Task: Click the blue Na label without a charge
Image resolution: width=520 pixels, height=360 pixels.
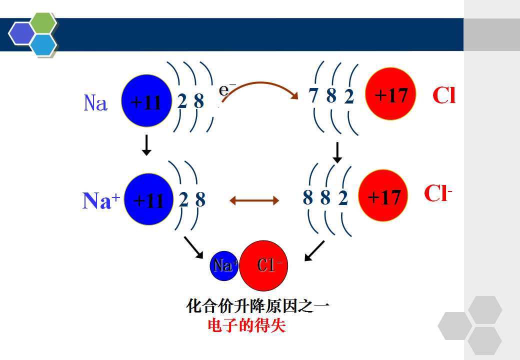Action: [95, 103]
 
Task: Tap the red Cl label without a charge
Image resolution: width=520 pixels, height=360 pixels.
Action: [444, 95]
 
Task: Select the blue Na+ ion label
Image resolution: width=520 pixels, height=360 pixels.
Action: [101, 200]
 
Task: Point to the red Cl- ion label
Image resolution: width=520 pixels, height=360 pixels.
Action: [438, 193]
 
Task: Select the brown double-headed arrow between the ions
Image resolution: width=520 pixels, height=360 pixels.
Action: [254, 200]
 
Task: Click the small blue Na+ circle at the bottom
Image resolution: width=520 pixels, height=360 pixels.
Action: [224, 266]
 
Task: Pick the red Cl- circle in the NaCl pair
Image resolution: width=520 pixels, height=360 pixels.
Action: [263, 266]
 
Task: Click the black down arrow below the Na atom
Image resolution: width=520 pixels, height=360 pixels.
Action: [146, 145]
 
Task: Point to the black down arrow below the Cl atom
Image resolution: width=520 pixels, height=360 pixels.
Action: [337, 152]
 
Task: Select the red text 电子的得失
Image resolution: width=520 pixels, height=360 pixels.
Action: [246, 325]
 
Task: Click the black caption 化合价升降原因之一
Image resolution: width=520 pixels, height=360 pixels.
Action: [257, 305]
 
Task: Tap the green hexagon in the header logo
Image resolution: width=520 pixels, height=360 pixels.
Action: [43, 23]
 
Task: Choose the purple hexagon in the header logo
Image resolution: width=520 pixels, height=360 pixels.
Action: [21, 33]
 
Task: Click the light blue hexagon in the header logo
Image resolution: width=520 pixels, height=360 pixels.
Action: [43, 44]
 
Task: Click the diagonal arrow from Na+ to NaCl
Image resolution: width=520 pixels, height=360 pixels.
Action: [193, 247]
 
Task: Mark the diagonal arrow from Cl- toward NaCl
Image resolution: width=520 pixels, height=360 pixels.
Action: [314, 250]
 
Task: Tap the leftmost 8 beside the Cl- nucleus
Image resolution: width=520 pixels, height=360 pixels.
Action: [308, 197]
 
